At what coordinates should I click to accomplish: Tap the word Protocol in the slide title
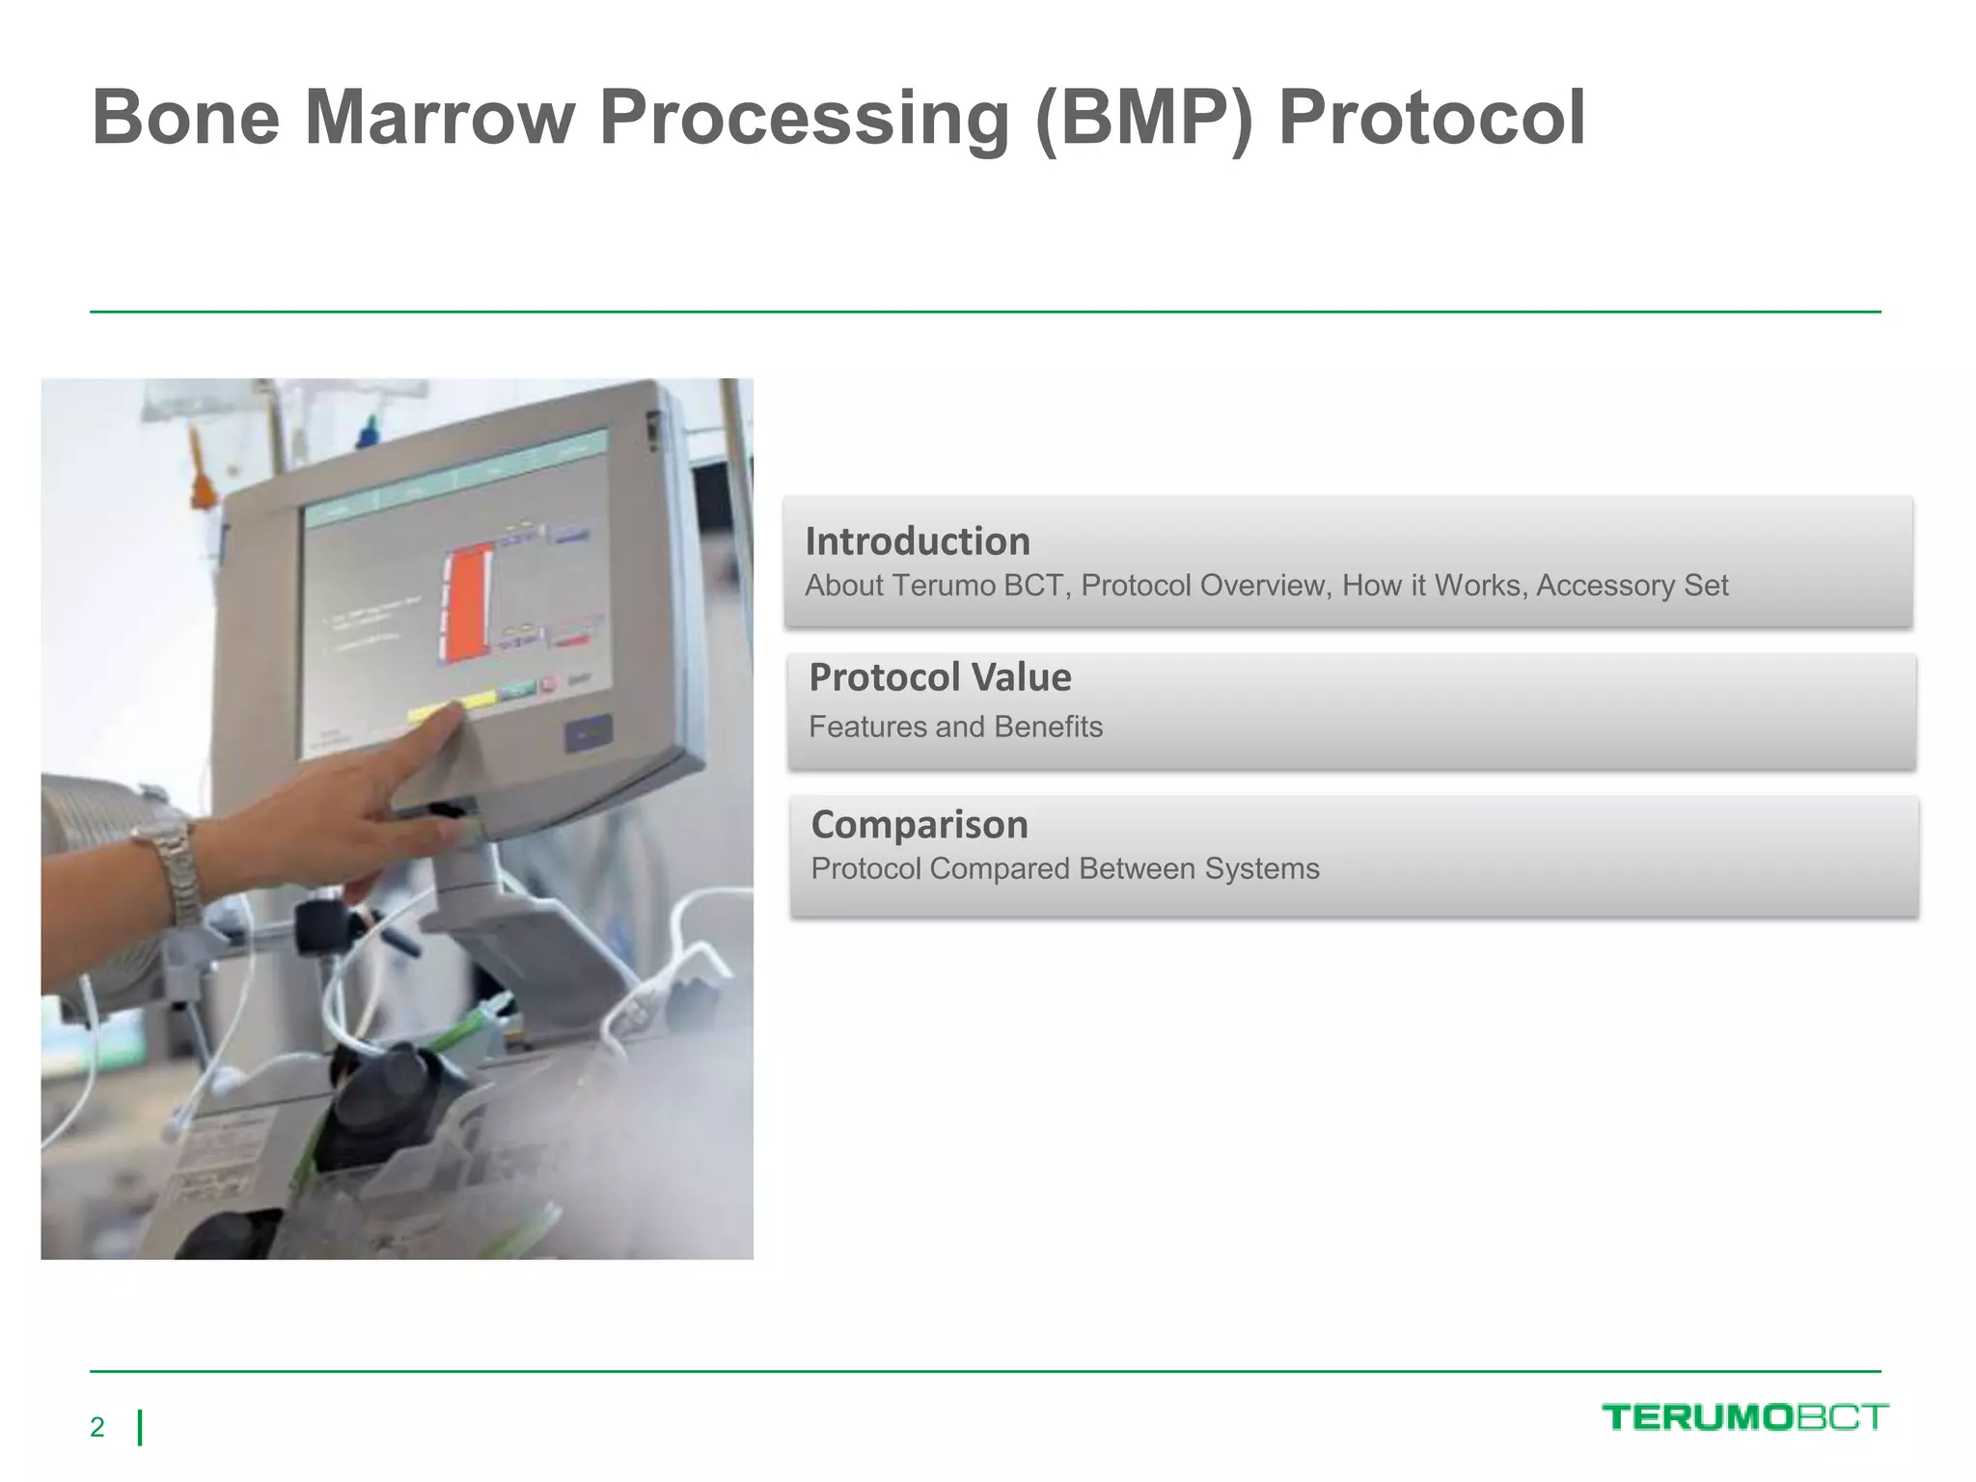click(x=1432, y=118)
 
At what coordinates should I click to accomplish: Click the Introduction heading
click(x=918, y=541)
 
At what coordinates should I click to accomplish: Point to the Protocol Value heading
click(x=940, y=677)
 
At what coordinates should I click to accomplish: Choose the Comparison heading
click(x=919, y=825)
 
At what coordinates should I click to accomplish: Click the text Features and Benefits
click(x=955, y=727)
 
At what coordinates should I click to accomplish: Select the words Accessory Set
click(x=1632, y=586)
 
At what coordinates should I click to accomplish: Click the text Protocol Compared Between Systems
click(x=1065, y=868)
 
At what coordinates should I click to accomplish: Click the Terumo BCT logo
click(x=1744, y=1417)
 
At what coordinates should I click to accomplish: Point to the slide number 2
click(x=96, y=1427)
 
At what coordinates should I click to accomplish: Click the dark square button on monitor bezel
click(x=588, y=734)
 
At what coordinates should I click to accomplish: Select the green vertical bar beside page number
click(x=141, y=1427)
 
